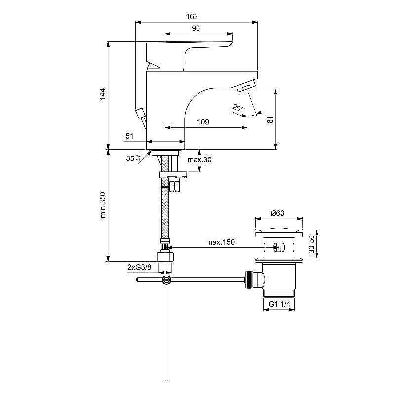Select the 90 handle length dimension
[196, 29]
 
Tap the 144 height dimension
[103, 94]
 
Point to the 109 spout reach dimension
[202, 122]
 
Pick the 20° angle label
[237, 108]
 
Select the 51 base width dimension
[130, 136]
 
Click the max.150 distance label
[220, 242]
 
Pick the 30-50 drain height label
[311, 244]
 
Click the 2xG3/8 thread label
[140, 267]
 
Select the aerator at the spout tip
[246, 88]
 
